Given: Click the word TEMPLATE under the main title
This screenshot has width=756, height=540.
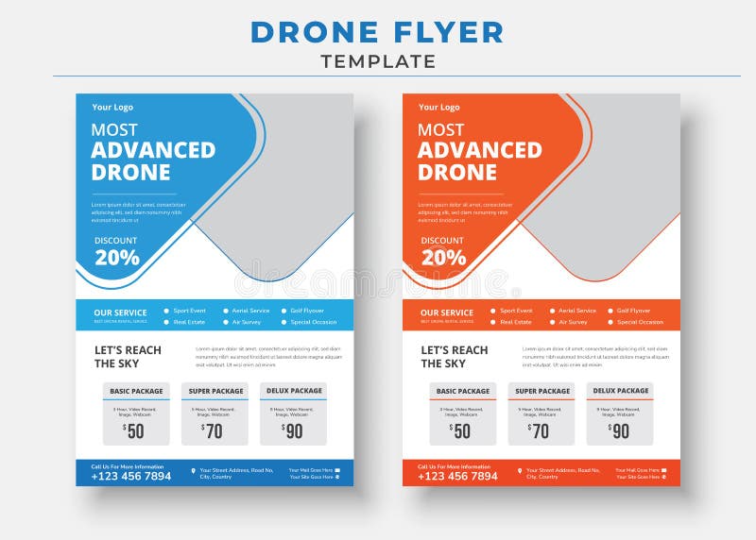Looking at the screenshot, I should click(378, 62).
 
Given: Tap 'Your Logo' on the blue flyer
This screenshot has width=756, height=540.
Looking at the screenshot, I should click(112, 108).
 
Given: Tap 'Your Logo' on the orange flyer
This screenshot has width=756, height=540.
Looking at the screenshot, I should click(439, 108).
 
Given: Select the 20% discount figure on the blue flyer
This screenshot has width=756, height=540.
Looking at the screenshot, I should click(117, 258).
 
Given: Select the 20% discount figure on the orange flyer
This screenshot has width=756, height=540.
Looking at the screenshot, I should click(444, 258).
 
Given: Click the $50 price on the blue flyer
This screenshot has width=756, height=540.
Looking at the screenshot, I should click(134, 430).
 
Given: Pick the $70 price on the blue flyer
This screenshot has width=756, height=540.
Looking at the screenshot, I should click(213, 430).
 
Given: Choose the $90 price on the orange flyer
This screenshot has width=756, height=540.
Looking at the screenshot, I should click(620, 430).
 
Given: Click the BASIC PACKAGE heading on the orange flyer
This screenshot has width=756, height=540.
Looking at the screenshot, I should click(463, 391).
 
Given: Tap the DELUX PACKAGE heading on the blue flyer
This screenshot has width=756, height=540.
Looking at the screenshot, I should click(293, 391).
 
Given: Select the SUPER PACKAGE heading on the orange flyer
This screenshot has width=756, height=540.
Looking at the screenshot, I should click(541, 391).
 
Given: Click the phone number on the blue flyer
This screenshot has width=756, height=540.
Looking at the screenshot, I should click(131, 477).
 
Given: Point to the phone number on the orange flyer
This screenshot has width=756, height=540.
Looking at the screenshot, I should click(458, 477).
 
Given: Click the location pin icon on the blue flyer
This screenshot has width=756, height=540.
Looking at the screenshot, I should click(193, 470).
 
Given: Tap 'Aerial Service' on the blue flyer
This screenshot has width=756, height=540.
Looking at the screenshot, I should click(250, 311).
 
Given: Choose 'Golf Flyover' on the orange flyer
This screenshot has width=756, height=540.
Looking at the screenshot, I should click(633, 311).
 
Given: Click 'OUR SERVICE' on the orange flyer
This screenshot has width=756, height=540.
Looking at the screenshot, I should click(447, 312).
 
